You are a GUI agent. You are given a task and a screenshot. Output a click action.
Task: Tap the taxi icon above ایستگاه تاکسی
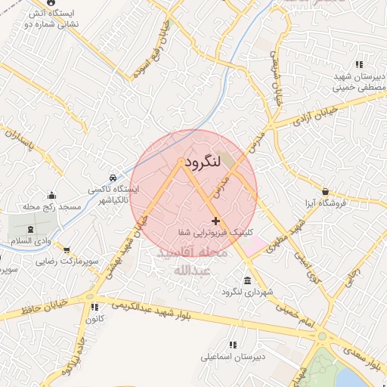click(x=113, y=175)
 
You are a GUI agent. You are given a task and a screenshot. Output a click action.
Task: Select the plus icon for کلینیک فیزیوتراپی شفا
click(x=216, y=221)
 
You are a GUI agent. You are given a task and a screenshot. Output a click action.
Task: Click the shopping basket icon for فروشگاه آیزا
click(x=325, y=191)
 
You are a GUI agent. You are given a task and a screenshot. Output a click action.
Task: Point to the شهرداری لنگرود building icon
click(x=249, y=280)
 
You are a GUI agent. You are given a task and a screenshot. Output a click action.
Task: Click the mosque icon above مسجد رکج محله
click(x=51, y=195)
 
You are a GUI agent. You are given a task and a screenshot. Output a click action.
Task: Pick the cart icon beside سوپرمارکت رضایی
click(x=67, y=249)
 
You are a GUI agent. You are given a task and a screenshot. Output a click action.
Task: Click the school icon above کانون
click(x=94, y=308)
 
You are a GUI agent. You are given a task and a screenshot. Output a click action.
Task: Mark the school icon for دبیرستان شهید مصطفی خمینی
click(x=358, y=65)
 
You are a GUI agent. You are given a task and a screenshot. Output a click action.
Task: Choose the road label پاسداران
click(x=23, y=141)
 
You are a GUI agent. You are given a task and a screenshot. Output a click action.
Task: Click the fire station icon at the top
click(x=51, y=2)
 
